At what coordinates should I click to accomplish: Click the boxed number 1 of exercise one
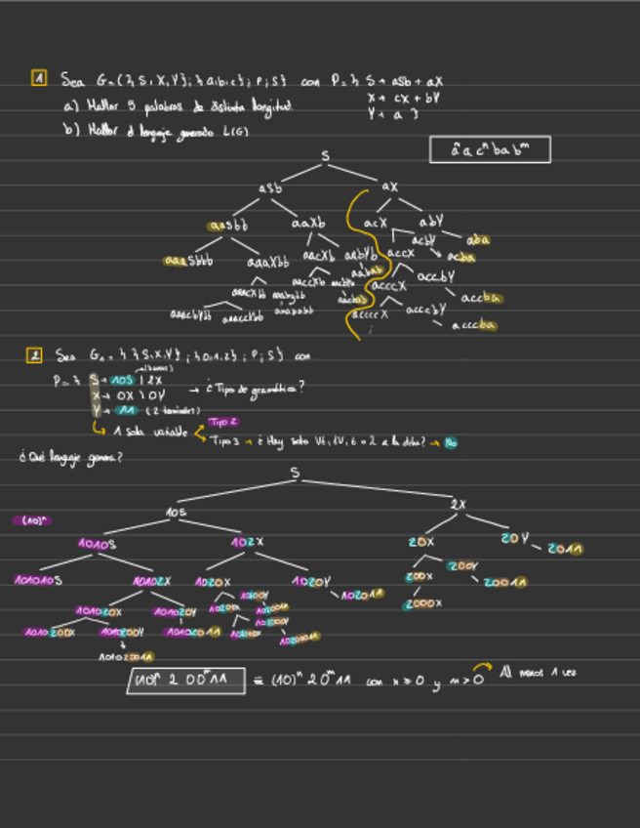click(39, 78)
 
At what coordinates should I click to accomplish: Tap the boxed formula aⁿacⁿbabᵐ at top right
click(490, 149)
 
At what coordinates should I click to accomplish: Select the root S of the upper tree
click(325, 156)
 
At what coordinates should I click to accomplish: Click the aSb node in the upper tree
click(270, 186)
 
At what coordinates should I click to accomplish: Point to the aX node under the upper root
click(389, 186)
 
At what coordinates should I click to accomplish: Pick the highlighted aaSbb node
click(228, 226)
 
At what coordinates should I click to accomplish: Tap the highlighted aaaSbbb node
click(188, 261)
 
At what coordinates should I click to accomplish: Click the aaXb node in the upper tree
click(307, 225)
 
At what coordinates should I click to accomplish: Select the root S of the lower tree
click(295, 473)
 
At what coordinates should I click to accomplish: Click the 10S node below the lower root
click(176, 512)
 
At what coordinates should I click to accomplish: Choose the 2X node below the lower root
click(459, 504)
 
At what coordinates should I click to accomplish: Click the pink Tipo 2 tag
click(221, 422)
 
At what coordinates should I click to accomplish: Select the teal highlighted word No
click(450, 442)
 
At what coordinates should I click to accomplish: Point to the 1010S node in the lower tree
click(97, 544)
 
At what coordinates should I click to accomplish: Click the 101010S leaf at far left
click(38, 580)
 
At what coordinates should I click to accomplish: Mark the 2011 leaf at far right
click(565, 549)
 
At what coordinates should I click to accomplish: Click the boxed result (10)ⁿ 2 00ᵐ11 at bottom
click(184, 681)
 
